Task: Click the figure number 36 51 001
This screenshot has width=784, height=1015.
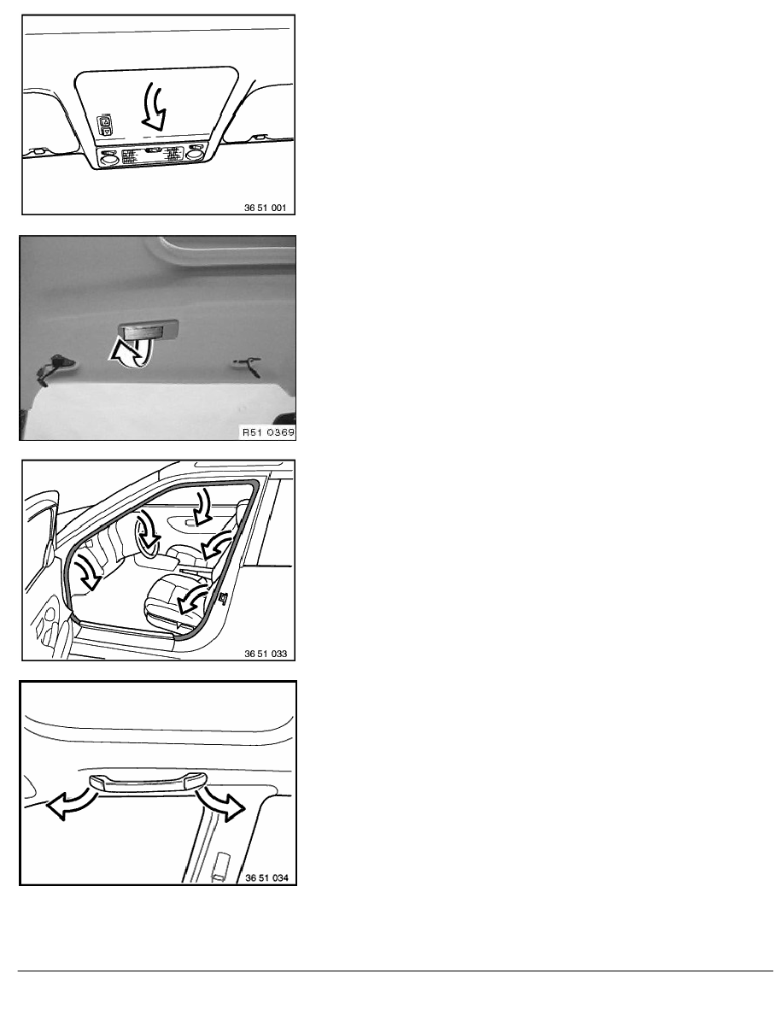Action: coord(265,208)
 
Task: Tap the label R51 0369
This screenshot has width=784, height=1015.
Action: coord(268,432)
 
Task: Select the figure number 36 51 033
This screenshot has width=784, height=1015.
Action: coord(266,654)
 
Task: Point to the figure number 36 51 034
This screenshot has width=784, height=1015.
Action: coord(266,877)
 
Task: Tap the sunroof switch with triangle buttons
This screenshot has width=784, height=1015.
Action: coord(105,125)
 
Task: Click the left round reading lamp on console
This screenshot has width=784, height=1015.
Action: coord(109,156)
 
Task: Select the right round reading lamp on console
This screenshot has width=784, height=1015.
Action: coord(193,154)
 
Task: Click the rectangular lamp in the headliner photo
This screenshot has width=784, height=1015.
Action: coord(148,330)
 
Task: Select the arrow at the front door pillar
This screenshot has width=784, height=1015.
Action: coord(87,570)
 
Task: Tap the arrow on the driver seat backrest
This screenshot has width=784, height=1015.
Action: coord(193,598)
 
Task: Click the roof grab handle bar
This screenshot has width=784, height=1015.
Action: coord(148,783)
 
